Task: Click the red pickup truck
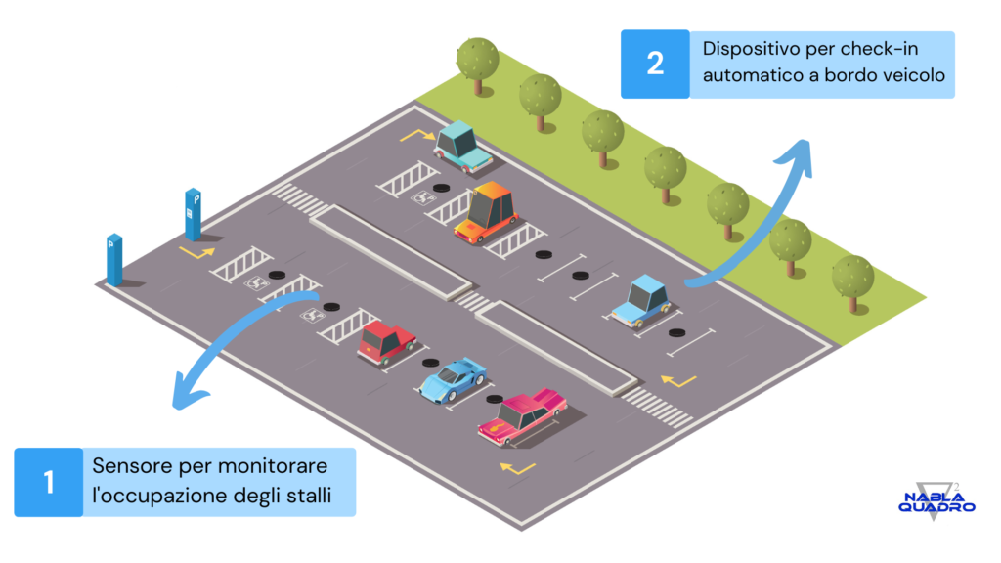tap(385, 342)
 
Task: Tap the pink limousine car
tap(523, 416)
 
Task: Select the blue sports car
tap(453, 380)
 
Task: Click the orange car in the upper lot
tap(487, 212)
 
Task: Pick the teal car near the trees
tap(462, 147)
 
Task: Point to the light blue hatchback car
tap(642, 301)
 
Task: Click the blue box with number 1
tap(49, 482)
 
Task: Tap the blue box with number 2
tap(655, 64)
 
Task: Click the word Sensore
tap(132, 466)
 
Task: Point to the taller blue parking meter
tap(193, 214)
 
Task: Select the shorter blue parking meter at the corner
tap(114, 259)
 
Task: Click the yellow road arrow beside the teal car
tap(417, 135)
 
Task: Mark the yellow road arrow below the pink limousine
tap(517, 469)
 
